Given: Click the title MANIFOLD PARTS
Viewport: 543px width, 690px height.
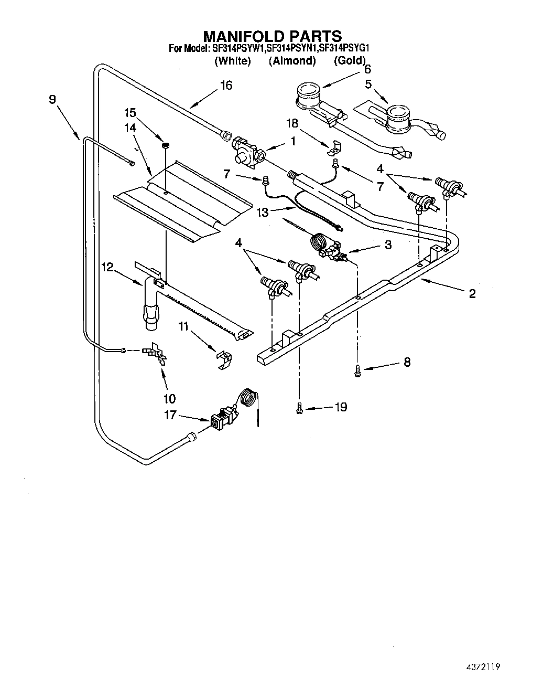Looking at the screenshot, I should click(272, 36).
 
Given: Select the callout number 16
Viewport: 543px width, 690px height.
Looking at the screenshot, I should click(226, 85).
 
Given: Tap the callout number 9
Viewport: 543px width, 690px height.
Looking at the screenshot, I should click(52, 99).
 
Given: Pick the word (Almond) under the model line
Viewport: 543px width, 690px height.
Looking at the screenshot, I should click(292, 61).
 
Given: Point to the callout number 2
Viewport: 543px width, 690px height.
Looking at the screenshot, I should click(472, 293).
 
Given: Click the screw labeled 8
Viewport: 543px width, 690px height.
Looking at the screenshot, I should click(357, 370).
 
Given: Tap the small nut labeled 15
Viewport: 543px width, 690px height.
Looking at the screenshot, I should click(165, 144).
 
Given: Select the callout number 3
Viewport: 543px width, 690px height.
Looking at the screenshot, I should click(387, 245).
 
